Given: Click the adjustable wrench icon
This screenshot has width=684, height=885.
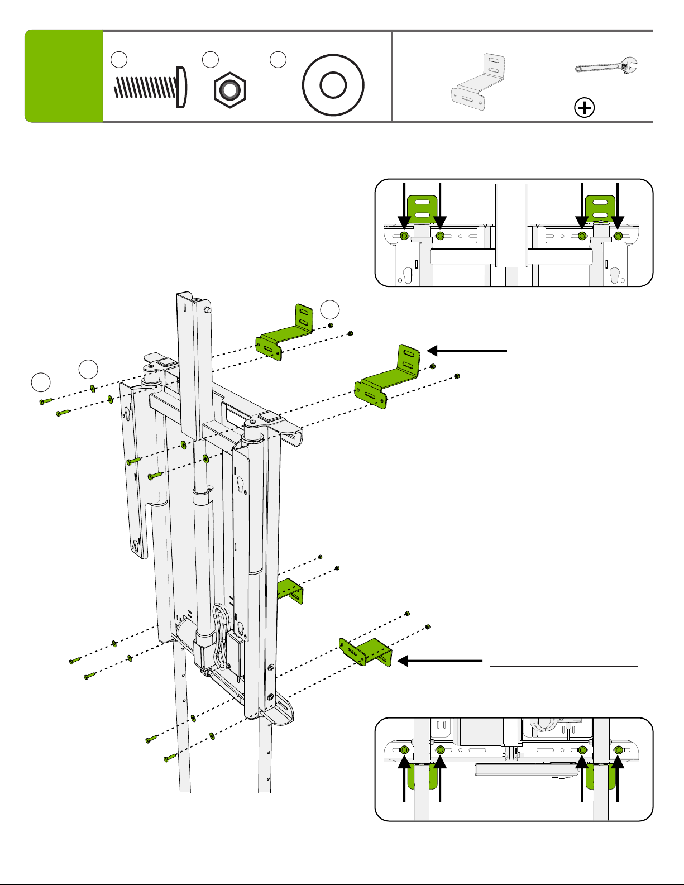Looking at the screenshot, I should click(x=606, y=66).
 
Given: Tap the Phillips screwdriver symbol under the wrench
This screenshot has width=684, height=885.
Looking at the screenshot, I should click(x=584, y=108).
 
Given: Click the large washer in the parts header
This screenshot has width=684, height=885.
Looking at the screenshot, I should click(x=333, y=85).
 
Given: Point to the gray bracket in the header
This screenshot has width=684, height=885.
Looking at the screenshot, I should click(x=479, y=82).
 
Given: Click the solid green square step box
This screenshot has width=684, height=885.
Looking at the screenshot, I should click(x=64, y=76).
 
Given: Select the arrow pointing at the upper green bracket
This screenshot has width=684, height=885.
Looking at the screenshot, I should click(x=467, y=351).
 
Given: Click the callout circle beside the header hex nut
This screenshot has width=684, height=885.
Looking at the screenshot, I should click(x=211, y=60).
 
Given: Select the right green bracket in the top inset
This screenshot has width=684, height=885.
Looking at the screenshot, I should click(x=600, y=208).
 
